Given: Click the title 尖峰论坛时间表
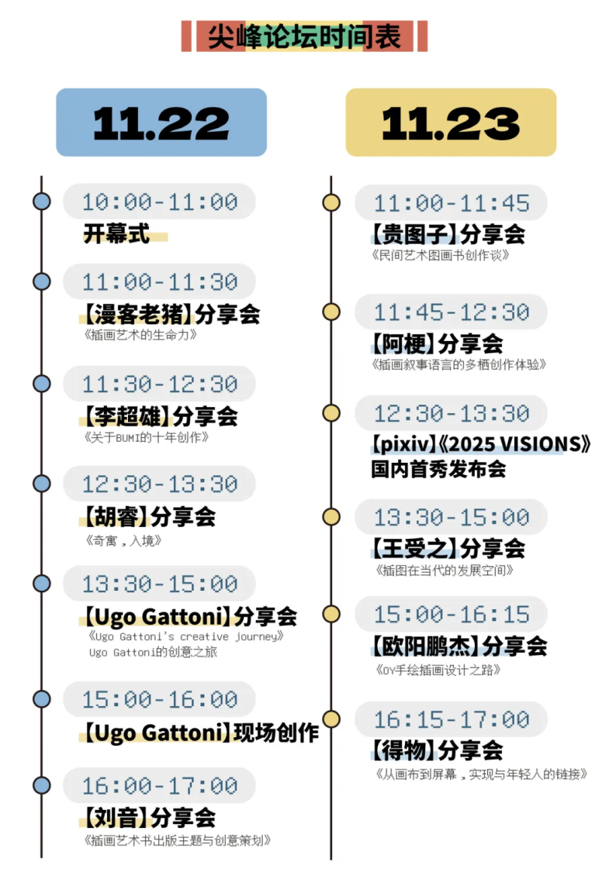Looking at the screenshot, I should tap(304, 36).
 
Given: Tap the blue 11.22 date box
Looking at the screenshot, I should tap(161, 122).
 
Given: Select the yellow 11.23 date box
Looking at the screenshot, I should tap(451, 122).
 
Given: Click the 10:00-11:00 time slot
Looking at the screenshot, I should tap(160, 202).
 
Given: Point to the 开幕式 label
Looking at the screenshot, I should tap(116, 233).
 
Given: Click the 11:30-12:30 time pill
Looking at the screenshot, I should tap(160, 384).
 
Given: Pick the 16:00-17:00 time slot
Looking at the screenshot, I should tap(160, 786).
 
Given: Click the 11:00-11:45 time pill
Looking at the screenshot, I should tap(452, 203).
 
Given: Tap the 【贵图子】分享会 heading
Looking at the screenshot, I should tap(448, 233).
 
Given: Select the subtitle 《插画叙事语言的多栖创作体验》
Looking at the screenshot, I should tap(459, 364).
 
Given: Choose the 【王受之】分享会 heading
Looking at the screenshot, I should tap(448, 548).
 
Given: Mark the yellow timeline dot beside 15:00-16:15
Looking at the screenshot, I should tap(331, 615).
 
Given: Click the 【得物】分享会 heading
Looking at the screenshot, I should tap(437, 750).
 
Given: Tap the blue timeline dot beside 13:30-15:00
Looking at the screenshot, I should tap(41, 584).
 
